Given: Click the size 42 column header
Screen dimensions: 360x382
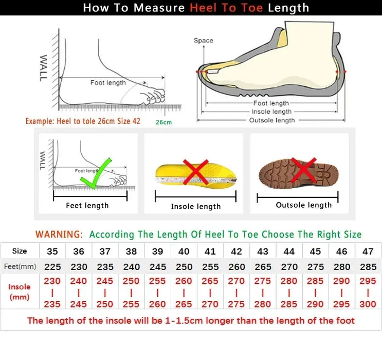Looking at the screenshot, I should pyautogui.click(x=236, y=251).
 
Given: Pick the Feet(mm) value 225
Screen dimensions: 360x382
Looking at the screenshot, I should pyautogui.click(x=52, y=267).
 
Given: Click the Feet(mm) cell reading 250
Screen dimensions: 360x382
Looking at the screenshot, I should pyautogui.click(x=184, y=267).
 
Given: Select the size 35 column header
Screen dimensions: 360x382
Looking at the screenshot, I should pyautogui.click(x=52, y=251).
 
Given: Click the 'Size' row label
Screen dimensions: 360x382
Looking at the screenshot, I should pyautogui.click(x=20, y=251).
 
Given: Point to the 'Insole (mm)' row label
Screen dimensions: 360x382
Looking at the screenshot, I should pyautogui.click(x=20, y=292).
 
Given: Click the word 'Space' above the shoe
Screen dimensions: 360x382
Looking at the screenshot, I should pyautogui.click(x=203, y=41).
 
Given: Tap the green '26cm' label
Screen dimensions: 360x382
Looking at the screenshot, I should pyautogui.click(x=163, y=122).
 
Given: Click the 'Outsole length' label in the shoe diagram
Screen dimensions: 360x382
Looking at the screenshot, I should pyautogui.click(x=272, y=120).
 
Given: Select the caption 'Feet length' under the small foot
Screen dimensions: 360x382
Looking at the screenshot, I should pyautogui.click(x=87, y=205).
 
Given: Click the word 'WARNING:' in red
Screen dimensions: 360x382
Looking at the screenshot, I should pyautogui.click(x=59, y=234).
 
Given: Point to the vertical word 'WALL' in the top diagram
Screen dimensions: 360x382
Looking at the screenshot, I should pyautogui.click(x=43, y=68).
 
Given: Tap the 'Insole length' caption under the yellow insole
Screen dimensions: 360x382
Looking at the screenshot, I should pyautogui.click(x=195, y=206).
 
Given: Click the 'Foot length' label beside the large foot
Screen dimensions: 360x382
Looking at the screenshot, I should pyautogui.click(x=108, y=83).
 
